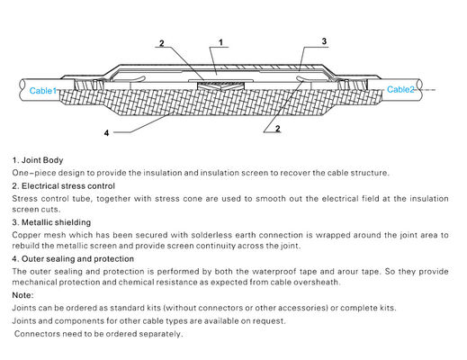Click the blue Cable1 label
(43, 91)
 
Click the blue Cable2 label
(400, 89)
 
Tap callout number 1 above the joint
(221, 42)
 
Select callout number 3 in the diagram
(324, 41)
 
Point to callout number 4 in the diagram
(106, 133)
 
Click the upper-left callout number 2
(162, 43)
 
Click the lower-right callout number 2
(278, 129)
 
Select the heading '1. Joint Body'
(38, 160)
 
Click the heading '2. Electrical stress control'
(64, 186)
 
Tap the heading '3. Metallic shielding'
(51, 222)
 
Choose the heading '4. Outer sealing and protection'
(73, 259)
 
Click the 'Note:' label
(22, 295)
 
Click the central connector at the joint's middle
(220, 85)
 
